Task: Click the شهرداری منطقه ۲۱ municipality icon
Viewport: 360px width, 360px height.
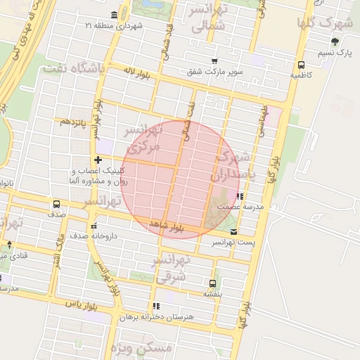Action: [x=114, y=15]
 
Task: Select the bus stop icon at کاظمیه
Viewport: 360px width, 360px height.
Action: [x=302, y=61]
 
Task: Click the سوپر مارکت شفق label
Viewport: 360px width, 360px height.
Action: [x=215, y=71]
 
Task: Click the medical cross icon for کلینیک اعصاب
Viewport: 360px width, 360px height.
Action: [x=98, y=160]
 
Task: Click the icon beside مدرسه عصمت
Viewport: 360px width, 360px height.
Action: [x=240, y=197]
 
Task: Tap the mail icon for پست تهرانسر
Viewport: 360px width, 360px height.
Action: [x=233, y=231]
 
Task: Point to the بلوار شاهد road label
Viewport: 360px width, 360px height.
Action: [x=167, y=226]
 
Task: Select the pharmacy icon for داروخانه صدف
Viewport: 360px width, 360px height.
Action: [x=94, y=226]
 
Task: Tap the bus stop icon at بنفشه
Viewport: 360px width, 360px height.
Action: [x=212, y=283]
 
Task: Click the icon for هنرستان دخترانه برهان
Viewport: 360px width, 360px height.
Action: [x=155, y=306]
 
